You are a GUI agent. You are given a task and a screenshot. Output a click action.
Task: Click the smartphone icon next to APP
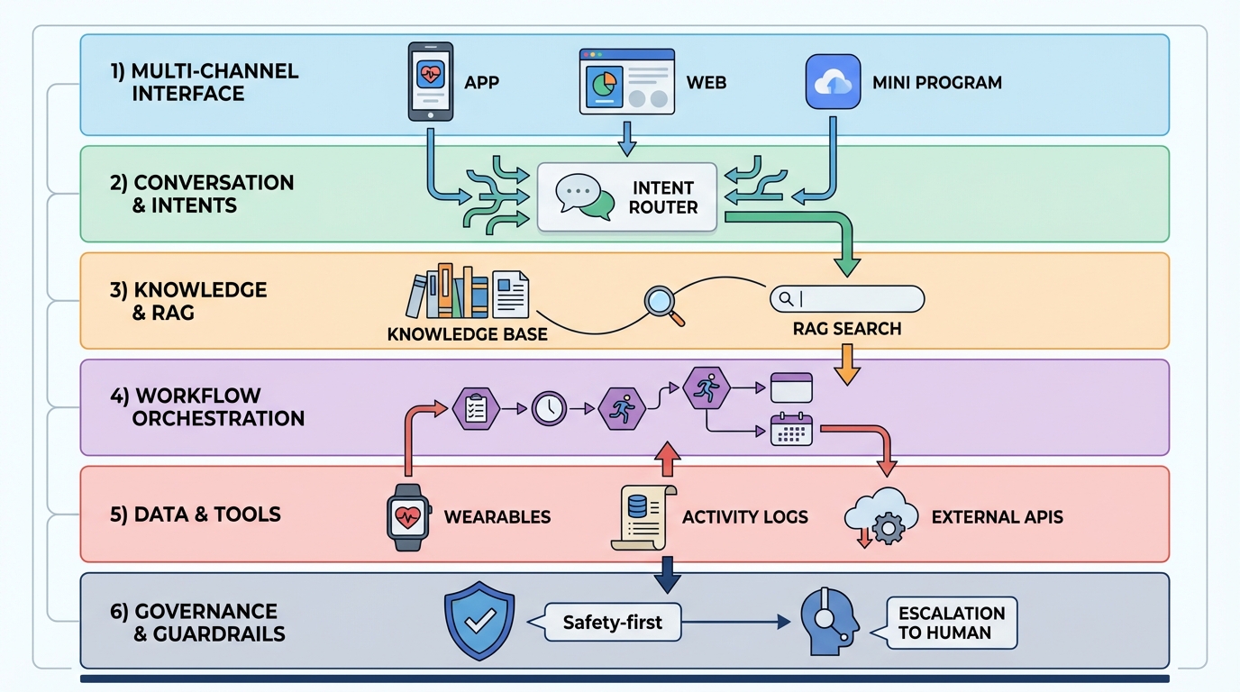click(x=431, y=81)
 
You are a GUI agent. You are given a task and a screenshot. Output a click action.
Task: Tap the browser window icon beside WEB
click(x=626, y=81)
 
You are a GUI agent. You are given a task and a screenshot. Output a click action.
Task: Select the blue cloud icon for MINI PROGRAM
click(x=832, y=82)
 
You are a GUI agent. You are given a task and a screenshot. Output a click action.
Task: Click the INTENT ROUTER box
click(x=627, y=197)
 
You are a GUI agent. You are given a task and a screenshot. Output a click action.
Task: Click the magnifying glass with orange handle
click(x=665, y=305)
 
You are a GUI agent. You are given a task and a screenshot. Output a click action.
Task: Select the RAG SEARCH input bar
click(x=847, y=298)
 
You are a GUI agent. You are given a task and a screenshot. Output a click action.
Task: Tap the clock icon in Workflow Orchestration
click(x=548, y=408)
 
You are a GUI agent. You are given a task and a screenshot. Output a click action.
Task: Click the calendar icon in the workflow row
click(x=791, y=430)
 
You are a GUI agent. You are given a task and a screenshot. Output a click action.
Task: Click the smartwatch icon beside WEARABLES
click(x=409, y=515)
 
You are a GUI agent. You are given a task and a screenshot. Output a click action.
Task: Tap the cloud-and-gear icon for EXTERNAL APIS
click(x=880, y=517)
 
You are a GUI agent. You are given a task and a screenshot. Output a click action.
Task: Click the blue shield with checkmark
click(x=479, y=622)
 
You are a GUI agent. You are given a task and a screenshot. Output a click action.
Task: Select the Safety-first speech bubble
click(x=613, y=622)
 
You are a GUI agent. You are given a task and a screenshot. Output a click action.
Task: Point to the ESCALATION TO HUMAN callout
click(x=952, y=623)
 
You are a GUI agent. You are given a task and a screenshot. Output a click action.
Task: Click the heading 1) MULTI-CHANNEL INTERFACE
click(x=204, y=82)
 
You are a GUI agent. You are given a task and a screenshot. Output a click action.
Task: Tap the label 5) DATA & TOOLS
click(x=195, y=514)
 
